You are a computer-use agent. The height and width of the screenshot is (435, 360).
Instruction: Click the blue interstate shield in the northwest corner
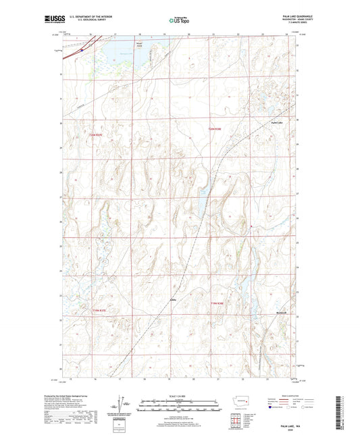(x=80, y=48)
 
